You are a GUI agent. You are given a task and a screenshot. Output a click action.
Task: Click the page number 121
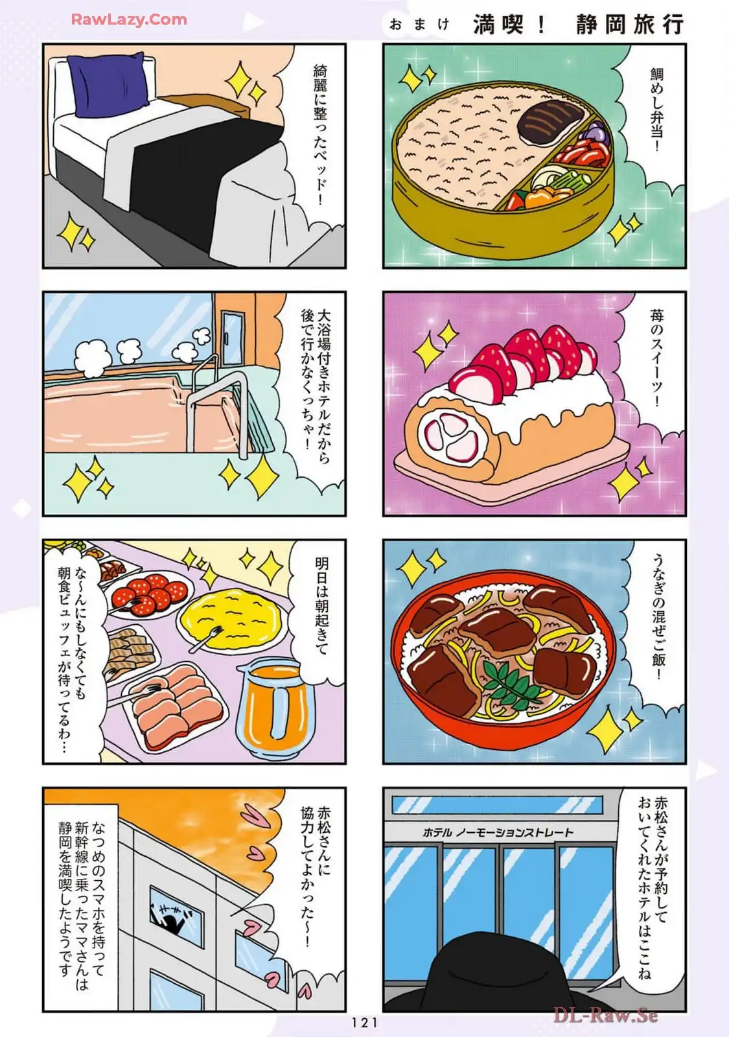click(x=364, y=1022)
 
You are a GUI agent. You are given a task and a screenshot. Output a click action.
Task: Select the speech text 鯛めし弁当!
click(x=656, y=110)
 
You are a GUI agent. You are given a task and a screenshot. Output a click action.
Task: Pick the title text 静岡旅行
click(x=629, y=24)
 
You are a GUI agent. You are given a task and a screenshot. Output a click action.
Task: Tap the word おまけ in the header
click(x=419, y=24)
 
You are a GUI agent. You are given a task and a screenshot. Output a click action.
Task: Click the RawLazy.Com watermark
click(x=129, y=19)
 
